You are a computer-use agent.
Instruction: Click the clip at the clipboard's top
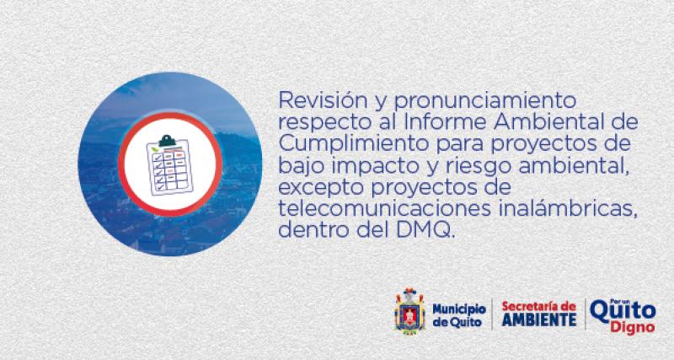(x=169, y=137)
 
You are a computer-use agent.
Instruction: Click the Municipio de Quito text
(x=458, y=314)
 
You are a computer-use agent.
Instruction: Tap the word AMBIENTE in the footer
(x=538, y=321)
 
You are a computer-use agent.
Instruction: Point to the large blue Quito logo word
(x=623, y=310)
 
